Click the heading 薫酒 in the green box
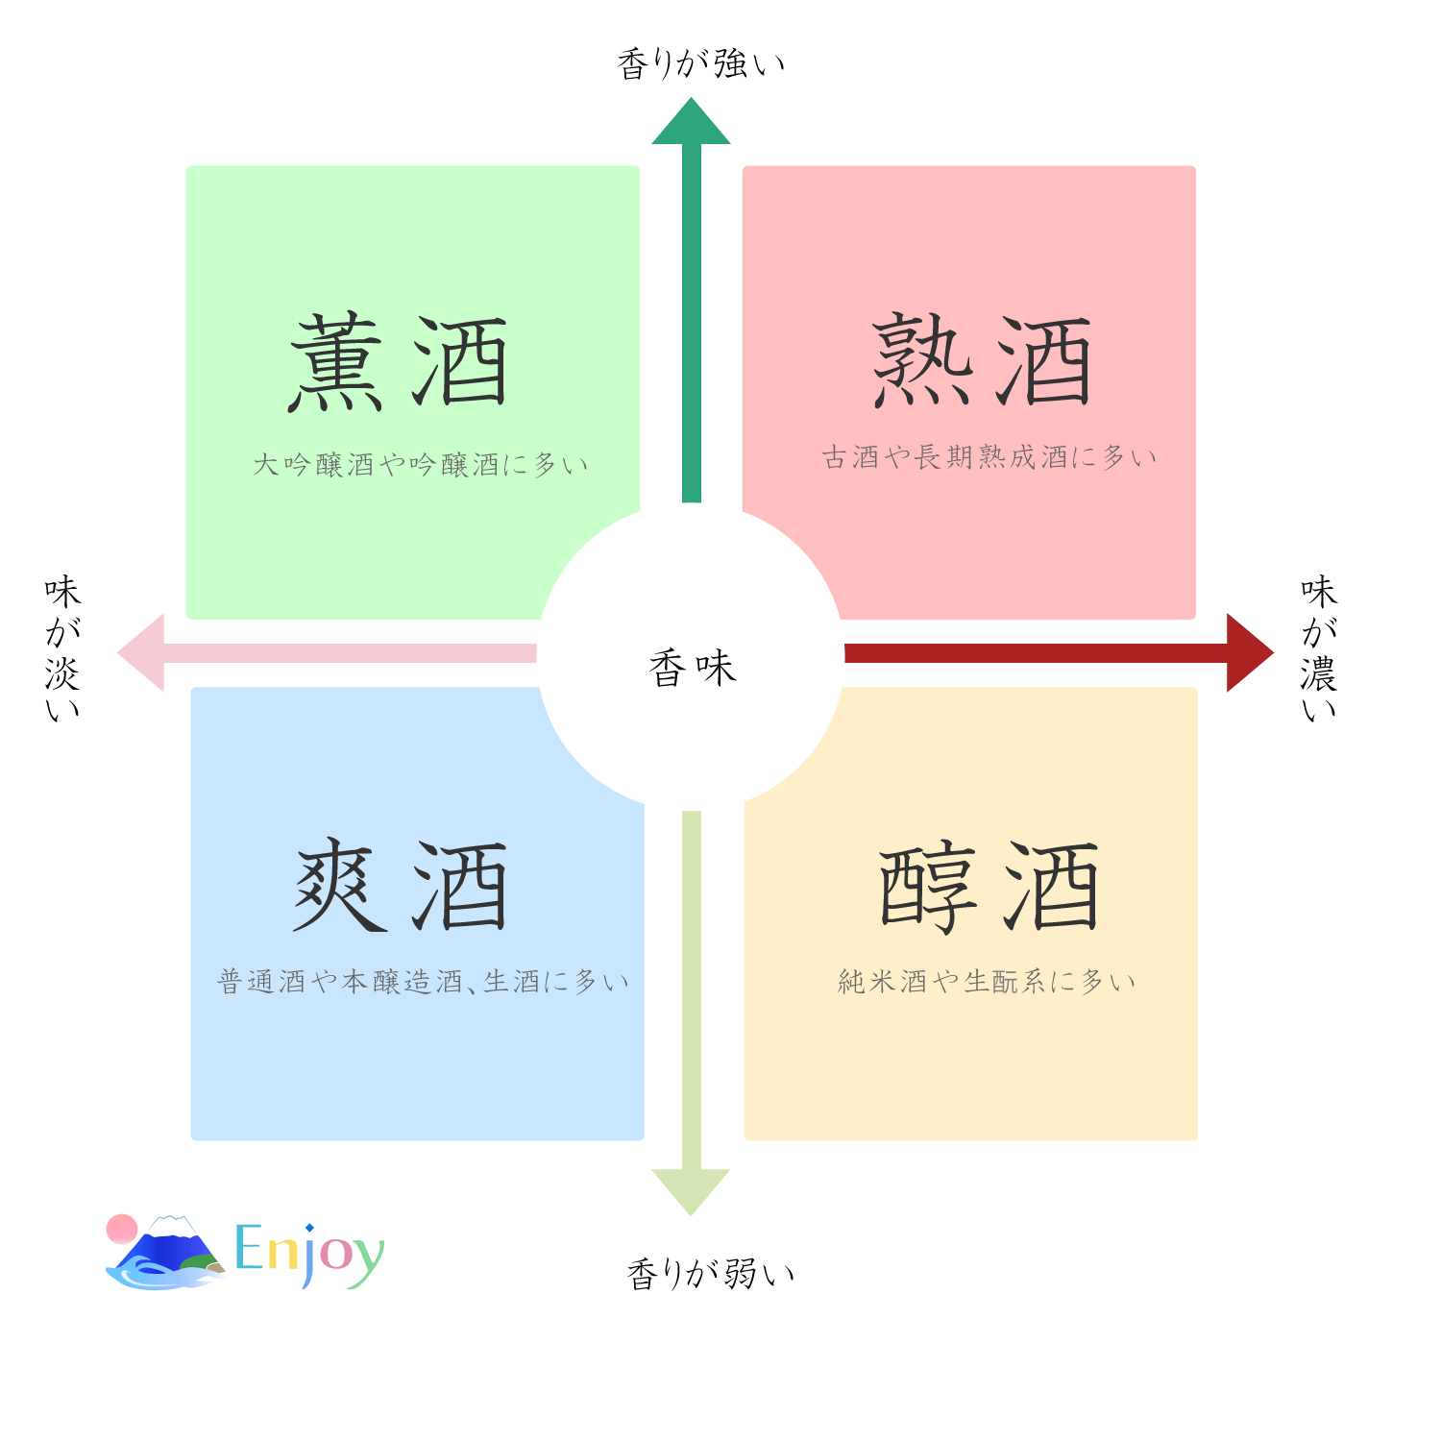coord(399,362)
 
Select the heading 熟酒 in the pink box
coord(982,360)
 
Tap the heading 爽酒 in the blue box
coord(401,886)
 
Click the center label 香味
coord(692,668)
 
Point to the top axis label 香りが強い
coord(701,64)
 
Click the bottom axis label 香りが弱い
coord(711,1274)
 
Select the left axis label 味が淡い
coord(62,648)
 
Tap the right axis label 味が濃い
coord(1319,648)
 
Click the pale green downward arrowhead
coord(691,1189)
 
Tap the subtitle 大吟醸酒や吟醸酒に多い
coord(421,465)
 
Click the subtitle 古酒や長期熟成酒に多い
coord(989,457)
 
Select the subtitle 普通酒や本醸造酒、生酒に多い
coord(424,982)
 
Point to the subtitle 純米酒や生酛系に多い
coord(988,982)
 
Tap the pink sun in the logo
coord(122,1229)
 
